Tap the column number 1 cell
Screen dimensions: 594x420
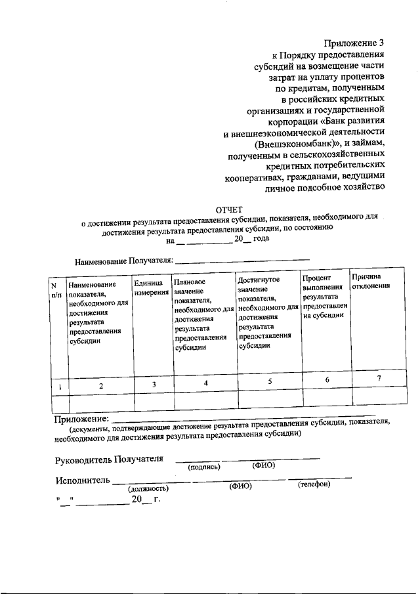click(x=59, y=387)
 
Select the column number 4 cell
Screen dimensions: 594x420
click(x=205, y=383)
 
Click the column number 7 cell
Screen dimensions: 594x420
click(x=378, y=380)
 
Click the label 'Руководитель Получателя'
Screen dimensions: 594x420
click(x=110, y=459)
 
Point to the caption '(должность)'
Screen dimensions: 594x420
click(x=148, y=488)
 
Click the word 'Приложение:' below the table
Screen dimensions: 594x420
click(x=80, y=418)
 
